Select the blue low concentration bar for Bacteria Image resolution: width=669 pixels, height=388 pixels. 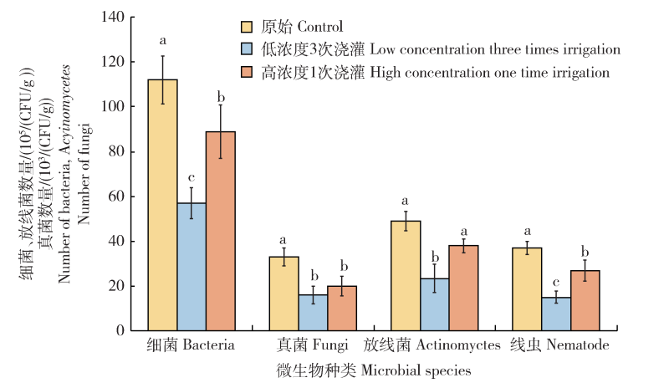(x=192, y=267)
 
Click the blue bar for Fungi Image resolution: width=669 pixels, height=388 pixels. (x=313, y=313)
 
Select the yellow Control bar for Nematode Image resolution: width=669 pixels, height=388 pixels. (x=527, y=289)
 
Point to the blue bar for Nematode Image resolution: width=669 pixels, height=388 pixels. (x=556, y=314)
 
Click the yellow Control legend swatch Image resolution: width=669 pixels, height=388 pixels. (x=247, y=28)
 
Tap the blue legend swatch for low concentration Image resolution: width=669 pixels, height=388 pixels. (x=247, y=50)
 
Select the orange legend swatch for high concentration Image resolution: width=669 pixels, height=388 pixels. (x=247, y=73)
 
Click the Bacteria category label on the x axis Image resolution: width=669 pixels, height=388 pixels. (x=191, y=345)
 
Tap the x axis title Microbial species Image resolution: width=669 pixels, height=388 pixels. (x=374, y=369)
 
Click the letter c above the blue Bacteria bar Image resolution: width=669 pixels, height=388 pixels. (x=192, y=178)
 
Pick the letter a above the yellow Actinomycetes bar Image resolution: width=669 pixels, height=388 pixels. (x=406, y=201)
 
